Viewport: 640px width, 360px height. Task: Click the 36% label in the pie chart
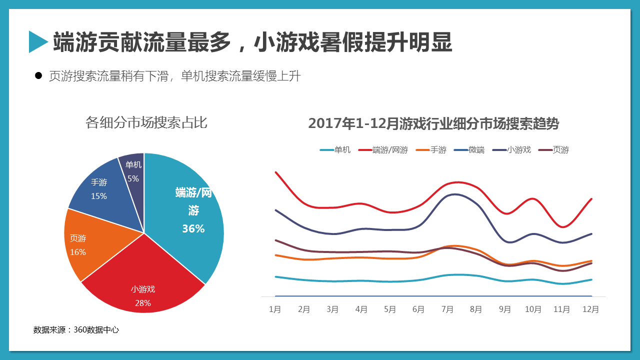click(193, 228)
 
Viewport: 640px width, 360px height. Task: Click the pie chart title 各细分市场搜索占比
click(146, 122)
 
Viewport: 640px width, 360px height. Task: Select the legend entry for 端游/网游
click(383, 149)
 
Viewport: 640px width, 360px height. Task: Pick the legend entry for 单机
click(335, 149)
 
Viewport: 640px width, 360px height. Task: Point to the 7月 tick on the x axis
click(447, 309)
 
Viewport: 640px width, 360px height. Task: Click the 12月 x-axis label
click(590, 309)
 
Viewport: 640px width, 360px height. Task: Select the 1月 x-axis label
click(275, 309)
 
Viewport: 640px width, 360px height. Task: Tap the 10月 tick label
click(533, 309)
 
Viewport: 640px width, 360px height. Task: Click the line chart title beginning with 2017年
click(433, 123)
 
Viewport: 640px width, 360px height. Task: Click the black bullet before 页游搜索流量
click(38, 76)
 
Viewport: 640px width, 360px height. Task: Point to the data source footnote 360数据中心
click(76, 330)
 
